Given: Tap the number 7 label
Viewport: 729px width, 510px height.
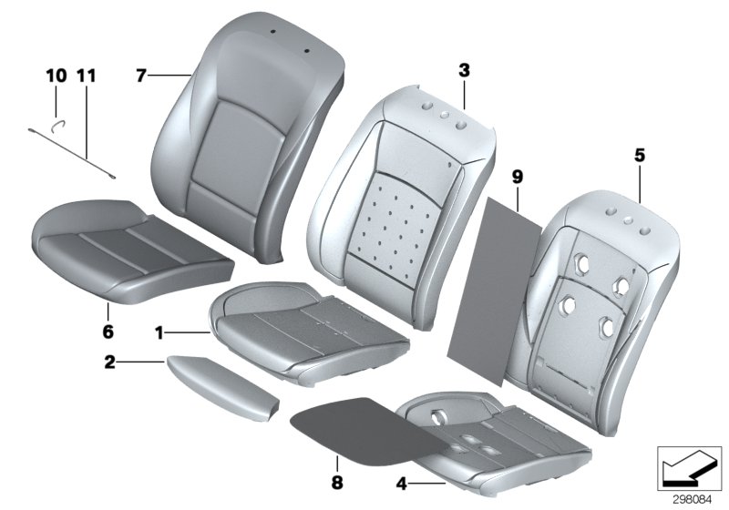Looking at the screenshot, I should [x=141, y=76].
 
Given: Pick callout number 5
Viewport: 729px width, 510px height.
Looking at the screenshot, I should [x=641, y=157].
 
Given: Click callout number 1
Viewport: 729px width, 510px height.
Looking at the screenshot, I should [x=159, y=334].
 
